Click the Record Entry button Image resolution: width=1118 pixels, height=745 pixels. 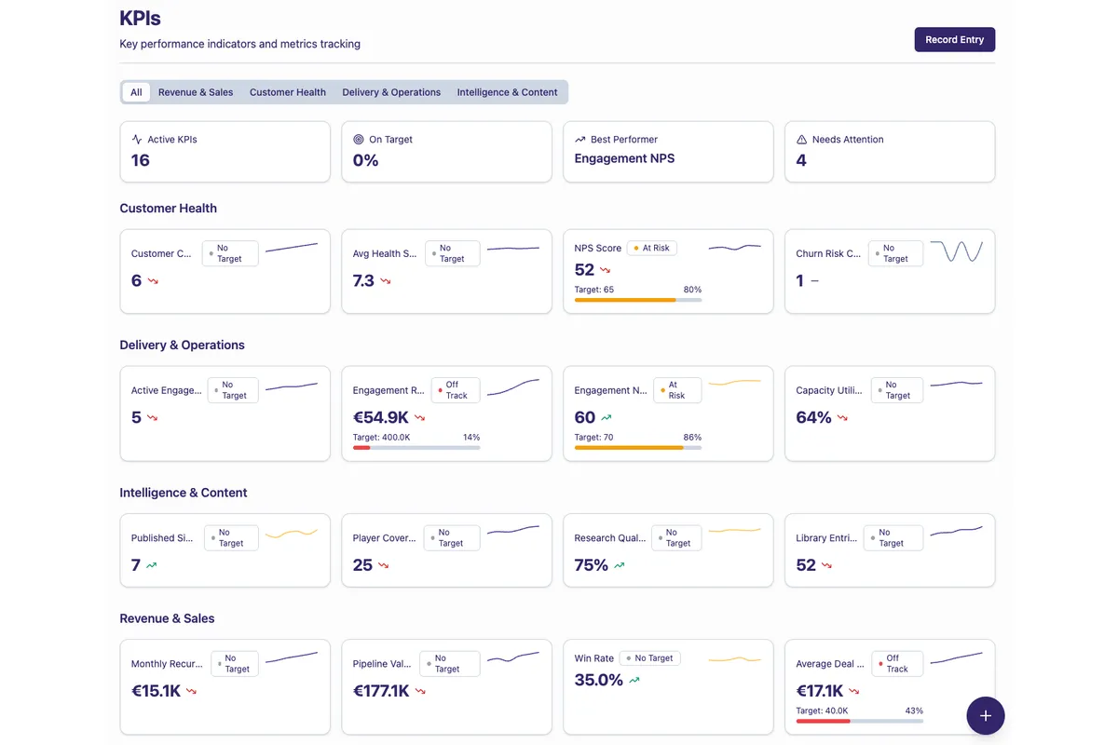pos(954,40)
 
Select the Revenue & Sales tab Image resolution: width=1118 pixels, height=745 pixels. pos(196,92)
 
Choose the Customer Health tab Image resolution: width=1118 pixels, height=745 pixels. pos(288,92)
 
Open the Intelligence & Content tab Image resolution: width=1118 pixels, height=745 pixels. pos(507,92)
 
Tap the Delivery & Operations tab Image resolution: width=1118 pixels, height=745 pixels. pos(391,92)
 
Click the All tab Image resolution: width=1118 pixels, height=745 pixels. pos(136,92)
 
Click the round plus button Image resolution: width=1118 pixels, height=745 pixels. pos(985,716)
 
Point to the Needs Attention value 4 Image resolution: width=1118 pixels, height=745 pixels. pos(801,160)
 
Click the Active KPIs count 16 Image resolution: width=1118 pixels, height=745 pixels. pos(141,160)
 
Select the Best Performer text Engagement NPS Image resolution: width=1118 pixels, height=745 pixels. pos(624,158)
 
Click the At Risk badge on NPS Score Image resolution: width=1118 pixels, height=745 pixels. pos(651,248)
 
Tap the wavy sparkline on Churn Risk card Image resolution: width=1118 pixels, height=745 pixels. pos(956,251)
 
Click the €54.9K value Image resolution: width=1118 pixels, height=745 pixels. pos(380,417)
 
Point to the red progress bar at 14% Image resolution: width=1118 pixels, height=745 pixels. pos(361,448)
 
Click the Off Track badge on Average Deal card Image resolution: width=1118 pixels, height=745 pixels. pos(896,663)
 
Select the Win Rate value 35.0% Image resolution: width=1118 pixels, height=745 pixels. pos(598,680)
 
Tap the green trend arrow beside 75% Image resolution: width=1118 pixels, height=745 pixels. pos(620,565)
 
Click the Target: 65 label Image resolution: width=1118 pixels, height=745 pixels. pos(593,290)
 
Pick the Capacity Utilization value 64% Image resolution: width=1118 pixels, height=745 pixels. pos(813,417)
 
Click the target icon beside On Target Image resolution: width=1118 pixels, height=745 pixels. pos(359,140)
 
